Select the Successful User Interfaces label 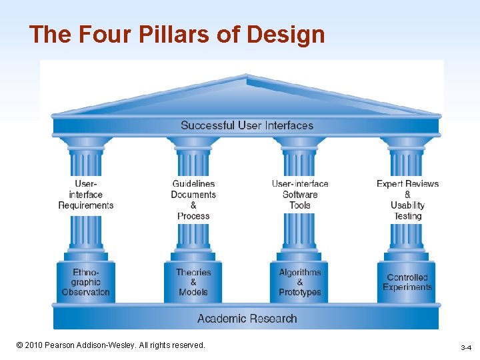click(x=247, y=125)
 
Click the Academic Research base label click(x=247, y=319)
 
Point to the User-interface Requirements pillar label click(x=86, y=195)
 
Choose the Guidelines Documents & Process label click(x=193, y=199)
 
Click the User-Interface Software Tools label click(x=300, y=195)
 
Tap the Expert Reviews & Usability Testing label click(x=407, y=199)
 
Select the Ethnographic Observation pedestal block click(x=86, y=282)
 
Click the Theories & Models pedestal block click(x=193, y=282)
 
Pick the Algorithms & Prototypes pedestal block click(x=300, y=282)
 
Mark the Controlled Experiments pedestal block click(x=407, y=282)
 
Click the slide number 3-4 click(x=466, y=348)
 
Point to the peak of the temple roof click(x=247, y=77)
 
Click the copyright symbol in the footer click(x=19, y=345)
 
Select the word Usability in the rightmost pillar click(x=407, y=205)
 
